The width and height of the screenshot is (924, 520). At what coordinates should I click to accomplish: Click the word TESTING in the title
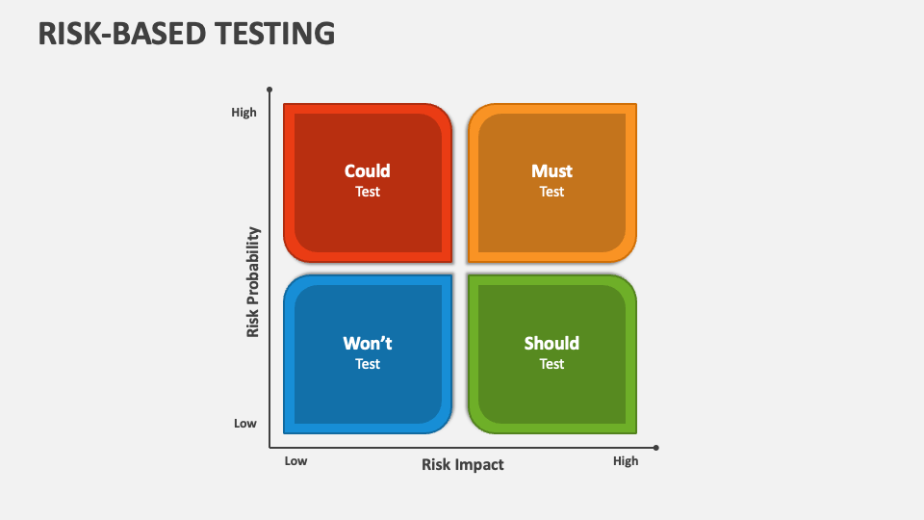click(x=274, y=34)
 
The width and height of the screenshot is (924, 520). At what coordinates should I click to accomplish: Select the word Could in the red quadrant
click(x=367, y=171)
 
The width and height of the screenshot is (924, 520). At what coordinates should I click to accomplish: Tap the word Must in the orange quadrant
click(x=552, y=171)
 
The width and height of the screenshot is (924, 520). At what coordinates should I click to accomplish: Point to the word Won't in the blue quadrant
click(x=367, y=343)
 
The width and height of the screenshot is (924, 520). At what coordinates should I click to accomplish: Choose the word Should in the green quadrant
click(x=552, y=343)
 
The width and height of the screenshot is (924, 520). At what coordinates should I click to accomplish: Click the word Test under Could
click(x=367, y=192)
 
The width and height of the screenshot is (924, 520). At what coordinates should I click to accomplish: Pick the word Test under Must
click(x=552, y=192)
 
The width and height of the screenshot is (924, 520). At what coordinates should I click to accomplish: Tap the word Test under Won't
click(x=367, y=364)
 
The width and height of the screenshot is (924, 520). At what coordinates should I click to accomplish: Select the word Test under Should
click(x=552, y=364)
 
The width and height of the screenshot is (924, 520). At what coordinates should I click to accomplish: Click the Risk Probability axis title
click(x=253, y=282)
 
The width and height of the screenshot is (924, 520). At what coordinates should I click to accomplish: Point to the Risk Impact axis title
click(x=463, y=464)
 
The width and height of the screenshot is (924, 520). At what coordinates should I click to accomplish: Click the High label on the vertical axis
click(x=244, y=112)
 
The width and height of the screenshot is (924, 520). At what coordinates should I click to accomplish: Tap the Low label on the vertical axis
click(x=245, y=424)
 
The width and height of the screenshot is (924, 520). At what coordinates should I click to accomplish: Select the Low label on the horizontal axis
click(x=295, y=461)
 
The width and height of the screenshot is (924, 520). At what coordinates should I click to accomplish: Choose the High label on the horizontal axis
click(x=626, y=461)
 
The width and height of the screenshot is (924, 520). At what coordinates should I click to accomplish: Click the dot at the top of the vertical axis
click(x=269, y=90)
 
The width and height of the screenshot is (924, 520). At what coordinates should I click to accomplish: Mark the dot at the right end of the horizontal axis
click(x=655, y=448)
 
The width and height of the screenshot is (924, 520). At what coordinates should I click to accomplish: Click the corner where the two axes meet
click(x=269, y=448)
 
